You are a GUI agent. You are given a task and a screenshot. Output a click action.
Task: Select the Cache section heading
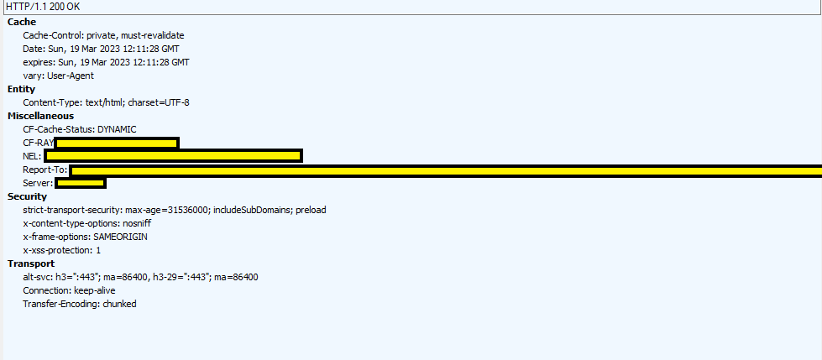click(22, 22)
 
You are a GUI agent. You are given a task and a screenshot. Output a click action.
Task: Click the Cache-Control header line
click(103, 35)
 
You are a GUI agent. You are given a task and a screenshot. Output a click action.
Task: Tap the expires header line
click(106, 62)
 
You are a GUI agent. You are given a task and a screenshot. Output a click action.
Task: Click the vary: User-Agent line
click(58, 76)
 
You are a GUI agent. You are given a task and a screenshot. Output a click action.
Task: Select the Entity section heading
click(21, 89)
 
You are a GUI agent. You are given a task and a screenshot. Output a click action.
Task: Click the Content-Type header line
click(106, 102)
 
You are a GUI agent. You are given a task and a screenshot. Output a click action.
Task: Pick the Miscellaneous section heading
click(40, 116)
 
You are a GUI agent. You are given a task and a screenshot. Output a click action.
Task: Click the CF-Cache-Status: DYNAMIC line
click(80, 129)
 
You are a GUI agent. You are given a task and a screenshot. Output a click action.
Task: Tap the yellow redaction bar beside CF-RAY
click(117, 143)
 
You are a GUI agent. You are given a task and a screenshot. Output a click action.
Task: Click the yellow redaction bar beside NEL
click(173, 156)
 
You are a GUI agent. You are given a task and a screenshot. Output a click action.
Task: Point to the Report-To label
click(45, 170)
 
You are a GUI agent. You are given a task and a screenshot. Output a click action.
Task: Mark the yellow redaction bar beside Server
click(81, 183)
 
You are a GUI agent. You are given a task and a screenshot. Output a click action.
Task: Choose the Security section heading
click(27, 196)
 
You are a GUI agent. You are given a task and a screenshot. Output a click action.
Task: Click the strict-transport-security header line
click(174, 210)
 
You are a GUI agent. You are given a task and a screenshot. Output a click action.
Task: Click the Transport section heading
click(31, 263)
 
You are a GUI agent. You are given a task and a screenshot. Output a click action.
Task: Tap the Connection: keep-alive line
click(69, 290)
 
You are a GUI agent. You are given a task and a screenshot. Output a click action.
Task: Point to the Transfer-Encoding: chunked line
click(79, 304)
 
